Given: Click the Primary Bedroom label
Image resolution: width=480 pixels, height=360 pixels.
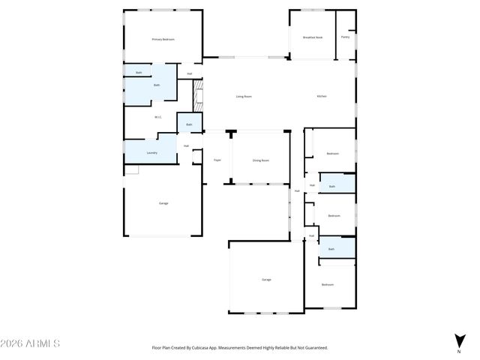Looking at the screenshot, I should (163, 39).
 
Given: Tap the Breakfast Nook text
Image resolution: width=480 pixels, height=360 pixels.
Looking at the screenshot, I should (312, 37).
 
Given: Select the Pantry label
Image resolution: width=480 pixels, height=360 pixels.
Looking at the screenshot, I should (345, 37).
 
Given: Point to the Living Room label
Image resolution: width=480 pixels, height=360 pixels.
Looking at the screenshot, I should (244, 97).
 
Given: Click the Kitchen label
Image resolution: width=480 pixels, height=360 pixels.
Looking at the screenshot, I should (322, 97).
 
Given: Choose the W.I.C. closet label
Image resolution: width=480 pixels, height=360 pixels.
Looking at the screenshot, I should (158, 117).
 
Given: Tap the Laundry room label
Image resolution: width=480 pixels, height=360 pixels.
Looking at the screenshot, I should (151, 153).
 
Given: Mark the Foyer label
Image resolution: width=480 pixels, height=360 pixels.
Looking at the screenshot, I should (217, 160).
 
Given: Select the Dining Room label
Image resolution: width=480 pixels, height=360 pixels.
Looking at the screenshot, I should (260, 160).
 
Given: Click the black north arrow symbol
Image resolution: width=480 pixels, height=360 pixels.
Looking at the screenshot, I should (459, 340).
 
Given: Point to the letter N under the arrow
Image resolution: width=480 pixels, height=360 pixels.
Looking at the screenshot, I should (459, 351).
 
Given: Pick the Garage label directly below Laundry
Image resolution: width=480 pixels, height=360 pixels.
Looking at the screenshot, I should (163, 203).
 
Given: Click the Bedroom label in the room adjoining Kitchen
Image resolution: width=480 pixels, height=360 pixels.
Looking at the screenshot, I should (332, 154).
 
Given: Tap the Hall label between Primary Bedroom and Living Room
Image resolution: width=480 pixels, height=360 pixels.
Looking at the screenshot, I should (189, 73).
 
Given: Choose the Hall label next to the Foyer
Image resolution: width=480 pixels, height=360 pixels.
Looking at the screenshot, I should (186, 145).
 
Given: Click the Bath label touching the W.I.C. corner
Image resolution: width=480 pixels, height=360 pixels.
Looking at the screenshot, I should (189, 124).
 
